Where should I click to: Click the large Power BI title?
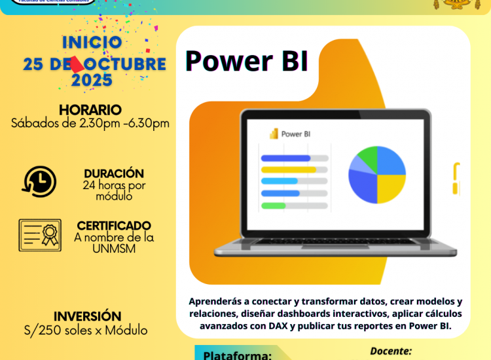[x=247, y=61]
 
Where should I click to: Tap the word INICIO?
[x=92, y=43]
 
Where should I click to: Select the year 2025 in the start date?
[x=92, y=81]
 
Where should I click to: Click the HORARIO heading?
[x=90, y=109]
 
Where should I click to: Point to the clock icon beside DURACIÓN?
[x=39, y=181]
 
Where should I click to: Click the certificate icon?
[x=40, y=235]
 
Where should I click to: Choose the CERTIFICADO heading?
[x=114, y=225]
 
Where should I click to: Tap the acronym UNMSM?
[x=114, y=249]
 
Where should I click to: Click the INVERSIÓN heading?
[x=87, y=317]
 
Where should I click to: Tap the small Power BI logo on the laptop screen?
[x=274, y=134]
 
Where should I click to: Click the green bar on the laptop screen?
[x=274, y=206]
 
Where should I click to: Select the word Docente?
[x=390, y=351]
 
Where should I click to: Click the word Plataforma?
[x=237, y=355]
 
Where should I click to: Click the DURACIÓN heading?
[x=114, y=173]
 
